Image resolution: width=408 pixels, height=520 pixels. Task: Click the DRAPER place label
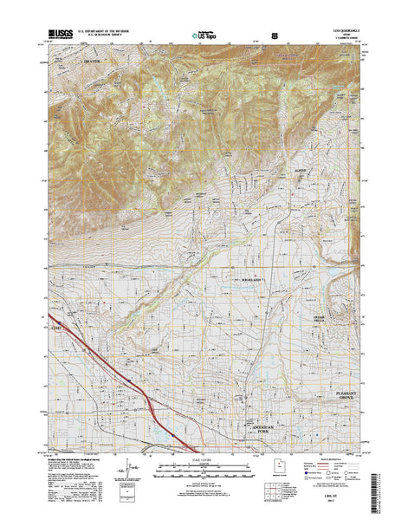click(91, 63)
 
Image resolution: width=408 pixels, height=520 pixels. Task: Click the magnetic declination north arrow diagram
click(131, 469)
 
